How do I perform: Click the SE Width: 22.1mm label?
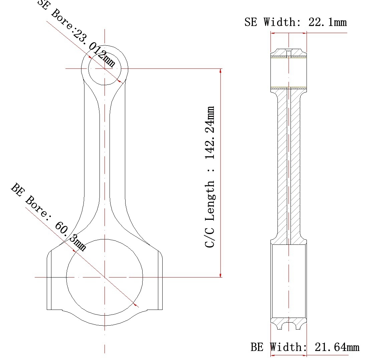click(296, 22)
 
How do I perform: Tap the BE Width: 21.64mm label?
click(305, 347)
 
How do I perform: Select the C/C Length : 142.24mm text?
click(210, 177)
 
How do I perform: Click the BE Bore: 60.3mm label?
click(48, 217)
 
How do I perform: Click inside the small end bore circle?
click(105, 68)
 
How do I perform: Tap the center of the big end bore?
click(105, 277)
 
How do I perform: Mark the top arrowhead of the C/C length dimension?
click(220, 71)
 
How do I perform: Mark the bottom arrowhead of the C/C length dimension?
click(220, 274)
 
